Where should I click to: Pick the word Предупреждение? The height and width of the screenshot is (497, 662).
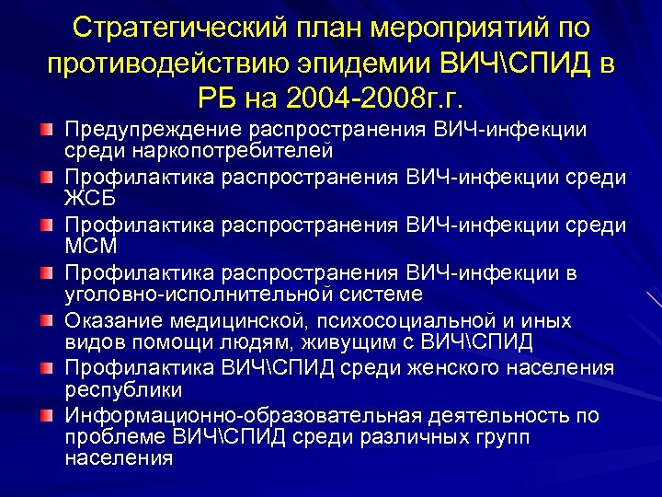click(x=152, y=130)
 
